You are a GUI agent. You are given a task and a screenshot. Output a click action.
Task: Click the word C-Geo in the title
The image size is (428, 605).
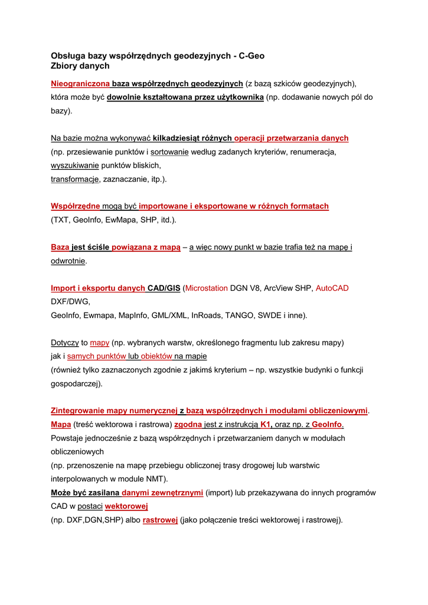251,56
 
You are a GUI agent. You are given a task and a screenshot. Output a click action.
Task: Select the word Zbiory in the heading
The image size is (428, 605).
64,66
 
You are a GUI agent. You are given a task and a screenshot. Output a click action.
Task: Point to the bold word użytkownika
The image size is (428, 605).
234,97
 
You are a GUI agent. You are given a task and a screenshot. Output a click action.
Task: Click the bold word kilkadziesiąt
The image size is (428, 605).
177,138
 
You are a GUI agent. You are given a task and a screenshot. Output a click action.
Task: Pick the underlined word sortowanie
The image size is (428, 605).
169,152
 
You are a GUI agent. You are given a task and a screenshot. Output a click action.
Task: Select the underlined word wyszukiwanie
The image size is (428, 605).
74,165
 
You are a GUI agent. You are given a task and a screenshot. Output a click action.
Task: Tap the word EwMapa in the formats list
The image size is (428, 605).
125,220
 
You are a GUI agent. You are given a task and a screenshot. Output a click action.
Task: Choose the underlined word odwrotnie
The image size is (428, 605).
68,261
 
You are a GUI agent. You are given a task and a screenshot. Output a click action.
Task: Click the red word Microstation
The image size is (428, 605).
207,288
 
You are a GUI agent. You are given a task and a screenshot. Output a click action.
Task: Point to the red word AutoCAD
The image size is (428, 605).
332,288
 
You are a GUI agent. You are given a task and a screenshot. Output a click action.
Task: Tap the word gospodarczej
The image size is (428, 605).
75,383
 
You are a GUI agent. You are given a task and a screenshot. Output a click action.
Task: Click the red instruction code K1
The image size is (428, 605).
265,425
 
